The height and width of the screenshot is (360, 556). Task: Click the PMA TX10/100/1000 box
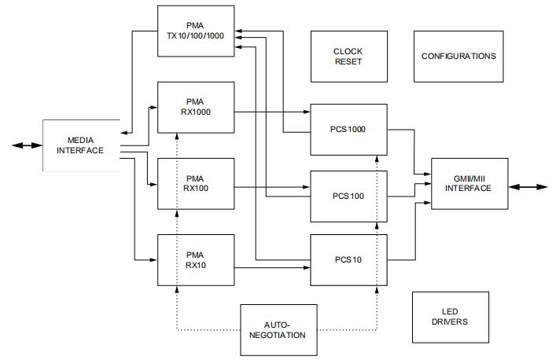pos(196,31)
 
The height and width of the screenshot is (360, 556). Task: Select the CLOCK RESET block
pos(348,57)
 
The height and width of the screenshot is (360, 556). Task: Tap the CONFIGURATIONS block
pos(458,57)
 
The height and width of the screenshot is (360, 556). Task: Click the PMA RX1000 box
pos(196,106)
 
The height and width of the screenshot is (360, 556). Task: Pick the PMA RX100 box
pos(196,183)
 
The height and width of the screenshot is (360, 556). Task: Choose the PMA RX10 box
pos(196,259)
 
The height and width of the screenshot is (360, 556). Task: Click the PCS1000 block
pos(348,129)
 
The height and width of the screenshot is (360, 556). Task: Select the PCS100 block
pos(348,196)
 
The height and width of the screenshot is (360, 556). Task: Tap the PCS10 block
pos(348,259)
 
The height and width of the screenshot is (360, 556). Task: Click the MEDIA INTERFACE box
pos(80,145)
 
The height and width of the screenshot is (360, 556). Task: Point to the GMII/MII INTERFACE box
pos(469,183)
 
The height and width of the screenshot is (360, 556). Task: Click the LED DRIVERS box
pos(450,317)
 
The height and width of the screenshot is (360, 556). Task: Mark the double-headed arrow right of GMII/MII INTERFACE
pos(528,186)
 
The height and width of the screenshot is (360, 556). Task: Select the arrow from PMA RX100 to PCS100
pos(271,187)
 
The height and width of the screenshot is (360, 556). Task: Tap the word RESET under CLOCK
pos(348,62)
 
